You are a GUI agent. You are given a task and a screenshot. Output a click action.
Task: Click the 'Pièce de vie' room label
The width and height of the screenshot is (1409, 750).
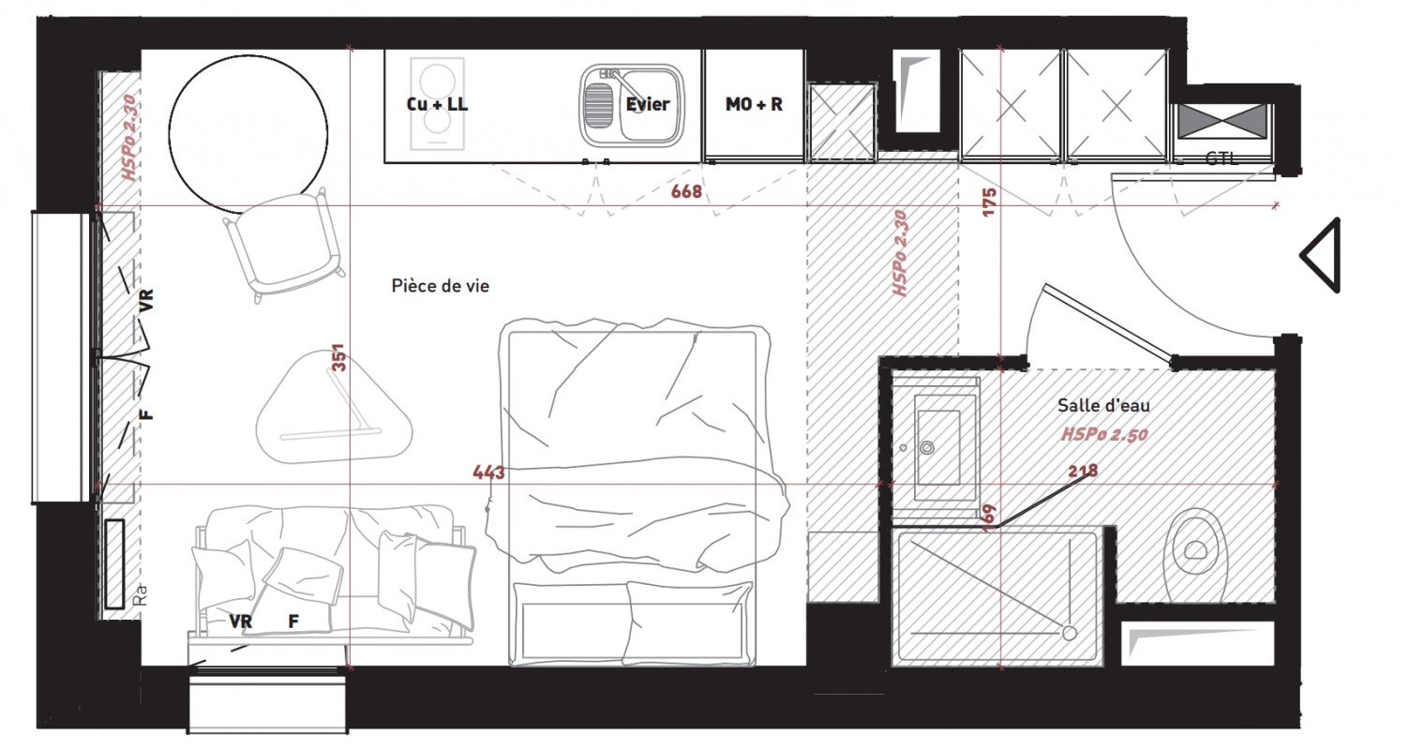pyautogui.click(x=441, y=286)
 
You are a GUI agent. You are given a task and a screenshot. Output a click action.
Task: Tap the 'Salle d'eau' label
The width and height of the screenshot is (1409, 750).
pyautogui.click(x=1103, y=406)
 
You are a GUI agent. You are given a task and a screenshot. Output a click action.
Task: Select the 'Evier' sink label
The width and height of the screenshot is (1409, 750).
pyautogui.click(x=647, y=104)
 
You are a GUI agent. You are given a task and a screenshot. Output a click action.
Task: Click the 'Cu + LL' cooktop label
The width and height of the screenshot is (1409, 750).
pyautogui.click(x=437, y=104)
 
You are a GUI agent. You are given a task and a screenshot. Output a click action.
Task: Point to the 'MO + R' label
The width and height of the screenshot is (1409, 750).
pyautogui.click(x=754, y=104)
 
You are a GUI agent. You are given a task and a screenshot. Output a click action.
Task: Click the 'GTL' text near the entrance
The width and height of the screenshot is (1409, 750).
pyautogui.click(x=1222, y=158)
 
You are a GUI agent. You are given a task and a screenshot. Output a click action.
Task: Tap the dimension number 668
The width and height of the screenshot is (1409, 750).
pyautogui.click(x=686, y=191)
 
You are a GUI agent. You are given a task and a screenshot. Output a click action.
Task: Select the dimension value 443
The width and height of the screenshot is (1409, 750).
pyautogui.click(x=488, y=472)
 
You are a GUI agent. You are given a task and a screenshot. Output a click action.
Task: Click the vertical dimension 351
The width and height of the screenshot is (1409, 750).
pyautogui.click(x=338, y=357)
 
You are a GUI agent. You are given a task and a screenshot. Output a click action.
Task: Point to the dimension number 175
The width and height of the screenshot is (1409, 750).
pyautogui.click(x=989, y=202)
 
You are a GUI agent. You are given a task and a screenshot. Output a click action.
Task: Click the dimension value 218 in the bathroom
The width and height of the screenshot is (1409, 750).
pyautogui.click(x=1083, y=471)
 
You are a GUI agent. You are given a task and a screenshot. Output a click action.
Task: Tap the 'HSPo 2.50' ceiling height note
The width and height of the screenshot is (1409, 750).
pyautogui.click(x=1104, y=434)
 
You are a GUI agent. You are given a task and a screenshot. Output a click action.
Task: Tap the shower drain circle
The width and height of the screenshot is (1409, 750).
pyautogui.click(x=1070, y=633)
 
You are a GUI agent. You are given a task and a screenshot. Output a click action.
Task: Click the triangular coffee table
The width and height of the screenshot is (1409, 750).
pyautogui.click(x=334, y=408)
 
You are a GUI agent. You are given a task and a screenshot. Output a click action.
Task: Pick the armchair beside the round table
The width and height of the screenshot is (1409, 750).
pyautogui.click(x=284, y=247)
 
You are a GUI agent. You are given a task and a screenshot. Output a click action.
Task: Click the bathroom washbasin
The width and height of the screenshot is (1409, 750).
pyautogui.click(x=937, y=448)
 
